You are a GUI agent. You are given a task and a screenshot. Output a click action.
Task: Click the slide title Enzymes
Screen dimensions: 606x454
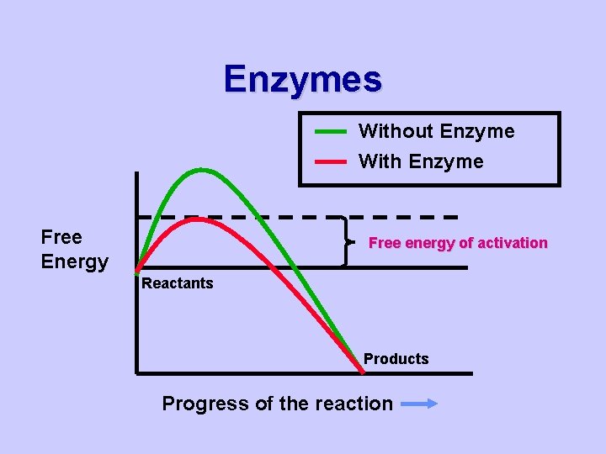[302, 79]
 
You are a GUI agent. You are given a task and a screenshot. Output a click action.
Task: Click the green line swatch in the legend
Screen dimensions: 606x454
[331, 132]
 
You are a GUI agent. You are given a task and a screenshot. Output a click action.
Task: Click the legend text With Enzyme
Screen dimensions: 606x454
[421, 161]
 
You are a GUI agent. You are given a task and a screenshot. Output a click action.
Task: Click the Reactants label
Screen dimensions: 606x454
[177, 283]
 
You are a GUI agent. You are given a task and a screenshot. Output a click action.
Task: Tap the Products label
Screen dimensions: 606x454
[396, 359]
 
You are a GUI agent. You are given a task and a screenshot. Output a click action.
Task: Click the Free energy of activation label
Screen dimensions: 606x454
[458, 243]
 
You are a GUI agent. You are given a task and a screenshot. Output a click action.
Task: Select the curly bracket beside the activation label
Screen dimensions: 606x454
[346, 242]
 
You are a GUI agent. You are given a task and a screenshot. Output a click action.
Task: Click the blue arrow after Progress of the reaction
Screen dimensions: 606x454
[419, 404]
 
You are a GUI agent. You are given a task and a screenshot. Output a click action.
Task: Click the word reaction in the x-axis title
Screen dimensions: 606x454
[353, 404]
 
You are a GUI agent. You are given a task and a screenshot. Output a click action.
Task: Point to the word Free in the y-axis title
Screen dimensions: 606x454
[61, 237]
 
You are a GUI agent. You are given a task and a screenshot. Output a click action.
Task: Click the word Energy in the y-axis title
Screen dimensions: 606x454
[74, 261]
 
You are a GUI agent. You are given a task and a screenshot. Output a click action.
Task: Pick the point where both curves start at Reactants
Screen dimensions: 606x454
[137, 271]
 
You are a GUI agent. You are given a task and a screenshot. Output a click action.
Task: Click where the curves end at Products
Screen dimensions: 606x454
[361, 370]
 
